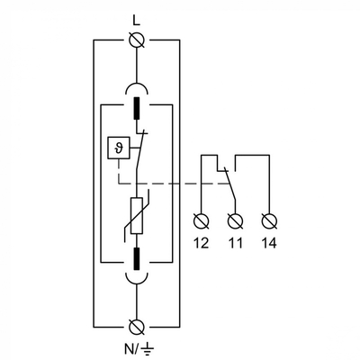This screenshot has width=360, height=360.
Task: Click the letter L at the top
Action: point(136,19)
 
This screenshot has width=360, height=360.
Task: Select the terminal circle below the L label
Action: point(137,40)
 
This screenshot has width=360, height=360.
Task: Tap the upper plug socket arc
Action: point(137,88)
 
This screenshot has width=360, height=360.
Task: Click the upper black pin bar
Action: point(137,112)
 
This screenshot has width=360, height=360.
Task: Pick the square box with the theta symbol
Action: point(116,147)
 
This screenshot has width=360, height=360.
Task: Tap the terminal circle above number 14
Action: point(267,219)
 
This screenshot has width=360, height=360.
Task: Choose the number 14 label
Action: point(267,242)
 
